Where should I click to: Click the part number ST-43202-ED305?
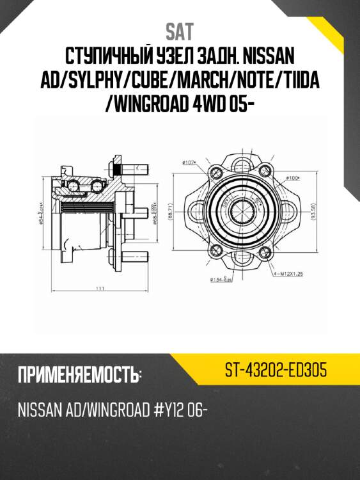pos(276,371)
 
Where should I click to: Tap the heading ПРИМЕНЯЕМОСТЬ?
pos(79,375)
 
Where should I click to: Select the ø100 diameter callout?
pos(293,177)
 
